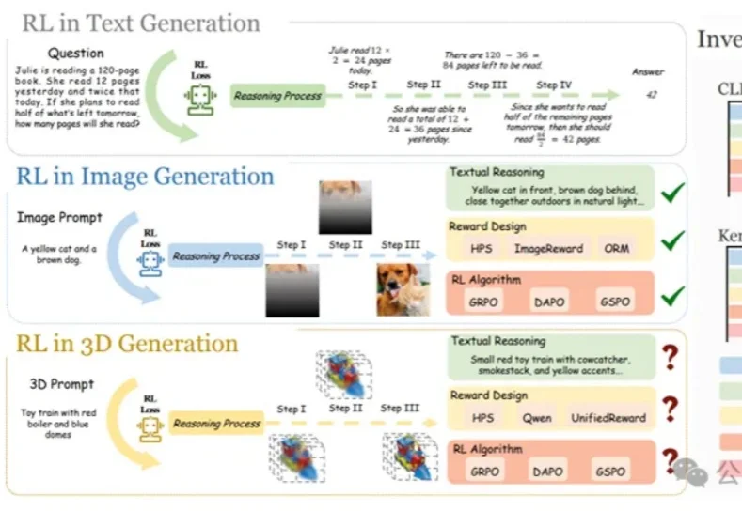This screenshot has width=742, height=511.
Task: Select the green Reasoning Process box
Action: (276, 95)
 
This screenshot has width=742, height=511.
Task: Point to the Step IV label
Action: (553, 85)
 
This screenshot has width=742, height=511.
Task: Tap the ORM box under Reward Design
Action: (617, 249)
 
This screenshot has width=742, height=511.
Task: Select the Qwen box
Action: (538, 417)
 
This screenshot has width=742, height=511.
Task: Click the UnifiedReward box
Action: (608, 417)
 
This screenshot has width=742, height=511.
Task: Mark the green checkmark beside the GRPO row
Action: (671, 299)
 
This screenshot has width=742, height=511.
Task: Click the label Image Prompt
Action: (59, 218)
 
